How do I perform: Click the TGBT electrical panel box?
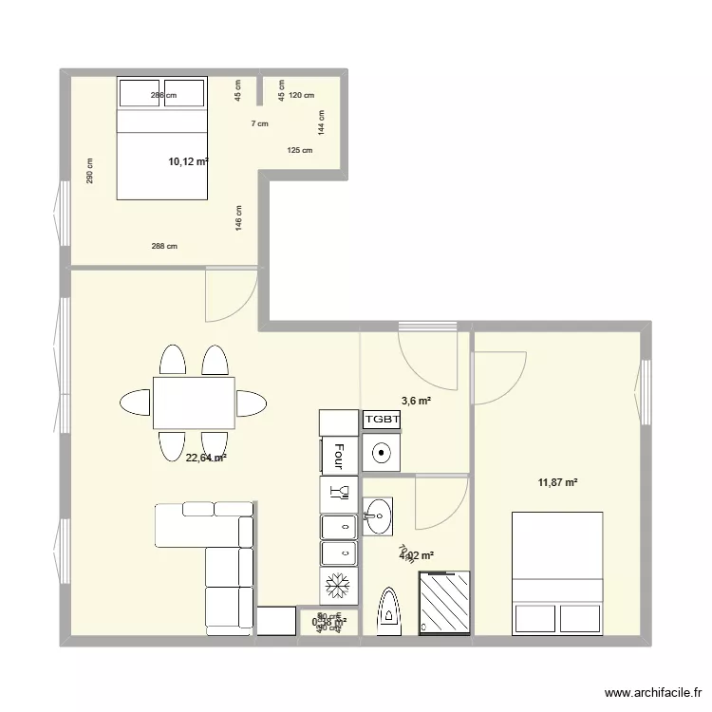click(382, 420)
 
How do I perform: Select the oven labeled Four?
click(338, 456)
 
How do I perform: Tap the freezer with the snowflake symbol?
click(337, 586)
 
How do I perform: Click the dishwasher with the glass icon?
click(338, 492)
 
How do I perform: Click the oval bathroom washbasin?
click(378, 518)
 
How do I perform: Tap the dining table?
click(194, 402)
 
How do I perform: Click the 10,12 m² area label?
click(187, 162)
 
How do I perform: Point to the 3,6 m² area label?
click(416, 402)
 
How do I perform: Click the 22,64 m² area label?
click(206, 458)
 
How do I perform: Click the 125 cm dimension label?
click(299, 150)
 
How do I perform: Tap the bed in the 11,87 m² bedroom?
click(558, 572)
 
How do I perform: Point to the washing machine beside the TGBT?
click(382, 452)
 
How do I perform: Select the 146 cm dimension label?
click(239, 218)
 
